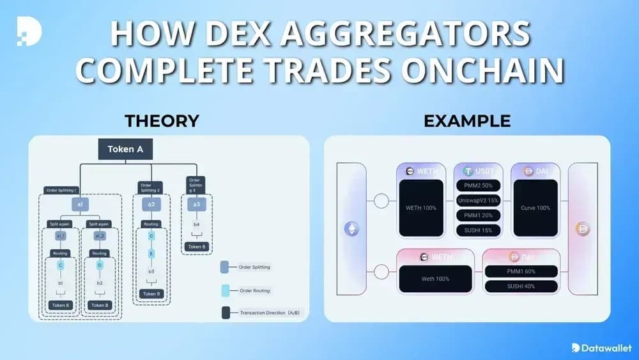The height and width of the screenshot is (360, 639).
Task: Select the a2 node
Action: pos(151,205)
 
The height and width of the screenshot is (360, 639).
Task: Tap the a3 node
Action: pos(196,205)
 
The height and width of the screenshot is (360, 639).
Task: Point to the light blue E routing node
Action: pos(151,254)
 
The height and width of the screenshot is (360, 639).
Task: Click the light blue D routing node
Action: pos(99,265)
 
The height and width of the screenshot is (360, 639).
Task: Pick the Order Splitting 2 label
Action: pos(151,187)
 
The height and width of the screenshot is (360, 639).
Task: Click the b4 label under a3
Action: pos(196,224)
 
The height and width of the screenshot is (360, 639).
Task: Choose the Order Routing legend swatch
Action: pos(225,290)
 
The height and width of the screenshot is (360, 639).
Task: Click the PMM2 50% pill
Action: pos(479,185)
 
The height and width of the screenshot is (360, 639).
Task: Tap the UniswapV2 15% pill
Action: pos(479,200)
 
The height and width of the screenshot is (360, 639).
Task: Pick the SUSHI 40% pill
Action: pos(521,286)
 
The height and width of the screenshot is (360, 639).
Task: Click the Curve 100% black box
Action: pos(535,208)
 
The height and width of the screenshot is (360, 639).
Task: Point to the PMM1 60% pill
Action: pos(521,271)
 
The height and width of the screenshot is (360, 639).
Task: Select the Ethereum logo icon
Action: pos(352,229)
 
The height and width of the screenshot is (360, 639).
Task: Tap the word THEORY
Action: pos(162,121)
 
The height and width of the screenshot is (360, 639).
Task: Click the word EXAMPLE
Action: pos(467,121)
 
